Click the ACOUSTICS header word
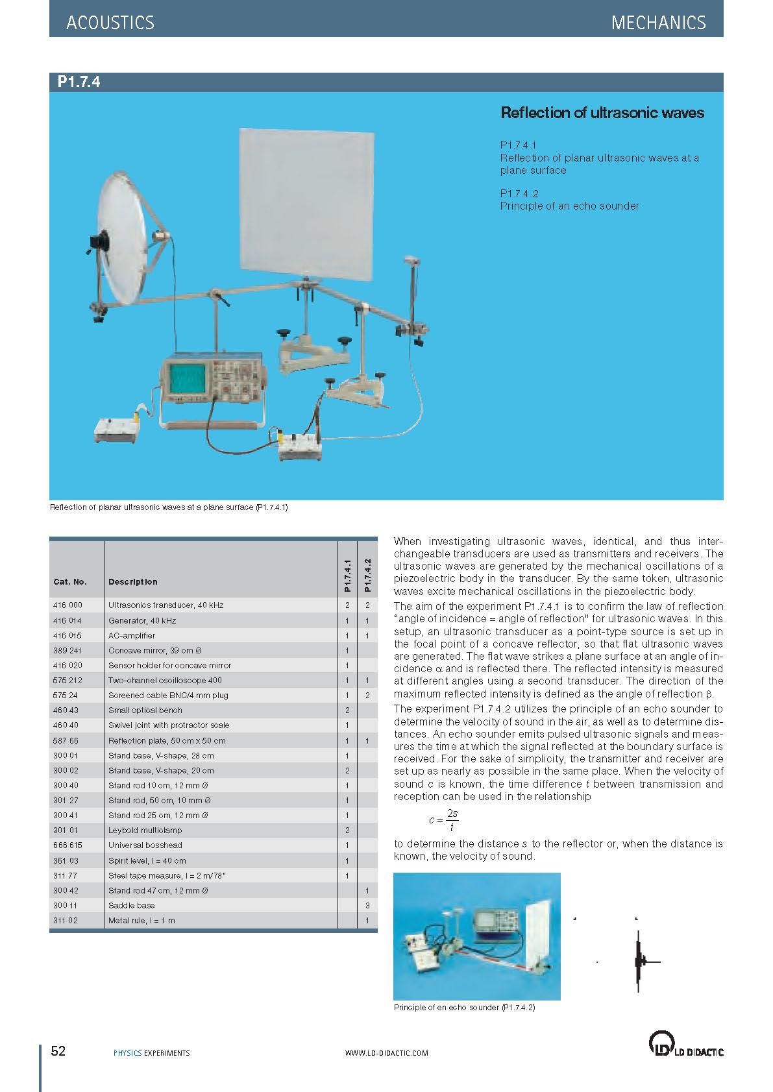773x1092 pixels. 110,23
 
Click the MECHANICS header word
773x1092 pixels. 658,23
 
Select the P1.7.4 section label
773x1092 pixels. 79,82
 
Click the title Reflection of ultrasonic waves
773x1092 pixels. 602,113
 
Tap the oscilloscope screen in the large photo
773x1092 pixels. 187,380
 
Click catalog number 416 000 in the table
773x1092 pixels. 67,605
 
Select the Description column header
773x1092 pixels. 132,582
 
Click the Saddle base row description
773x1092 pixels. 131,905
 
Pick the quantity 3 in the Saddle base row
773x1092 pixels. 367,905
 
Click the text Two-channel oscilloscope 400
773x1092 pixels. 165,680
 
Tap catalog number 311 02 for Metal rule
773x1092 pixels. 66,920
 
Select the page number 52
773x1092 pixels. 58,1051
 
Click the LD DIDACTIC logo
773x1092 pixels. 685,1044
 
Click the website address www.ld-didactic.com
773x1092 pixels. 386,1053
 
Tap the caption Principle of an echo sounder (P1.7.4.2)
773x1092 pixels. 464,1008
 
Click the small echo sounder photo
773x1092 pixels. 476,936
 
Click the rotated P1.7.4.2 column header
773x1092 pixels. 367,575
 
